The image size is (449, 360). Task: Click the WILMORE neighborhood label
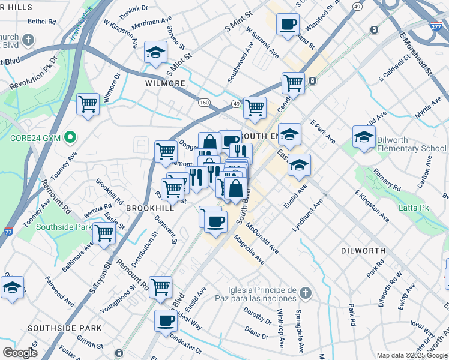[x=165, y=83]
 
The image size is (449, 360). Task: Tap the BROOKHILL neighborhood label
[x=150, y=208]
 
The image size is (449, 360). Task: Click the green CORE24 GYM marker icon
[x=71, y=138]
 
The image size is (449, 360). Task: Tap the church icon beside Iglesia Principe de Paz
[x=306, y=293]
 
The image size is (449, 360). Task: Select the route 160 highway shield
[x=205, y=103]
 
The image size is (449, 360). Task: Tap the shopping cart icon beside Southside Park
[x=104, y=233]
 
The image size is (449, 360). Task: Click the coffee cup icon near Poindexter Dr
[x=166, y=320]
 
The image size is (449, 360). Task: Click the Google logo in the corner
[x=20, y=353]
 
